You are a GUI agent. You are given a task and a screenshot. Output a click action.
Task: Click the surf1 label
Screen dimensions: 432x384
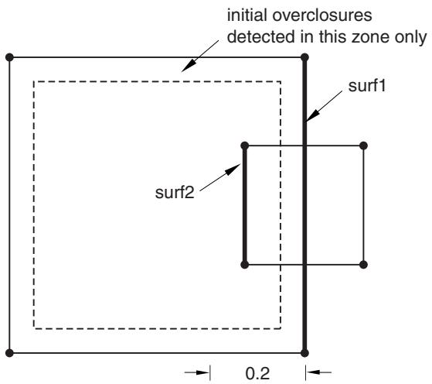pyautogui.click(x=367, y=86)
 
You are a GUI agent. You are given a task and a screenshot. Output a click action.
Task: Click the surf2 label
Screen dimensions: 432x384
pyautogui.click(x=175, y=192)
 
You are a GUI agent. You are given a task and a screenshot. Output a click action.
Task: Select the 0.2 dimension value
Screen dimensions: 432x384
pyautogui.click(x=257, y=373)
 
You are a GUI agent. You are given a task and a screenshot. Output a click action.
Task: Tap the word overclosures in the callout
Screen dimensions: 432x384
pyautogui.click(x=322, y=15)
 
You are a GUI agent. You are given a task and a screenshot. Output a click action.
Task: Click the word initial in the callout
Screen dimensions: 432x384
pyautogui.click(x=247, y=15)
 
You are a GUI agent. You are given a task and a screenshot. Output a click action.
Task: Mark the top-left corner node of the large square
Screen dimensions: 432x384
pyautogui.click(x=9, y=57)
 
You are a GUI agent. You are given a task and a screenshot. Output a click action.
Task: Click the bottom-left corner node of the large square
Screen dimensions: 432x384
pyautogui.click(x=9, y=353)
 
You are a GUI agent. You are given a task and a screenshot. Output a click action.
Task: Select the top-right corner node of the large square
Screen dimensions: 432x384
pyautogui.click(x=304, y=57)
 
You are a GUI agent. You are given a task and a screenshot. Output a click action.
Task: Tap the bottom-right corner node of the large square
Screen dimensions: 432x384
pyautogui.click(x=304, y=353)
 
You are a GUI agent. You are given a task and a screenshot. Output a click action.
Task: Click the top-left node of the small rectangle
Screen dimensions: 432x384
pyautogui.click(x=245, y=146)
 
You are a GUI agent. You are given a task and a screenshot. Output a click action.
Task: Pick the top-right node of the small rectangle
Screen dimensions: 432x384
pyautogui.click(x=364, y=146)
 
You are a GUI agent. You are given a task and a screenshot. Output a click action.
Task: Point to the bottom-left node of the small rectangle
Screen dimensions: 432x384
pyautogui.click(x=245, y=265)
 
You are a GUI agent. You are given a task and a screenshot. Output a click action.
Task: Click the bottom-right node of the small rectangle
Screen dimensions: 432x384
pyautogui.click(x=364, y=265)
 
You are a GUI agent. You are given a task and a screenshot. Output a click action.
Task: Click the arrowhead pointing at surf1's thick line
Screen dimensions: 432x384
pyautogui.click(x=312, y=115)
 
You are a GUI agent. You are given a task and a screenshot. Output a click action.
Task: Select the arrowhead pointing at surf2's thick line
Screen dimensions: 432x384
pyautogui.click(x=233, y=170)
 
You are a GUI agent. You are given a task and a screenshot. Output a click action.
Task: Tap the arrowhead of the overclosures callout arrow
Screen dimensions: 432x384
pyautogui.click(x=188, y=66)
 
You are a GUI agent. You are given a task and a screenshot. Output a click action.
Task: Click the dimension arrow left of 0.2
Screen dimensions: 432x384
pyautogui.click(x=197, y=372)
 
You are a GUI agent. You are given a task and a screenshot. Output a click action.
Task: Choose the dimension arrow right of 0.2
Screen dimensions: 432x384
pyautogui.click(x=318, y=372)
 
